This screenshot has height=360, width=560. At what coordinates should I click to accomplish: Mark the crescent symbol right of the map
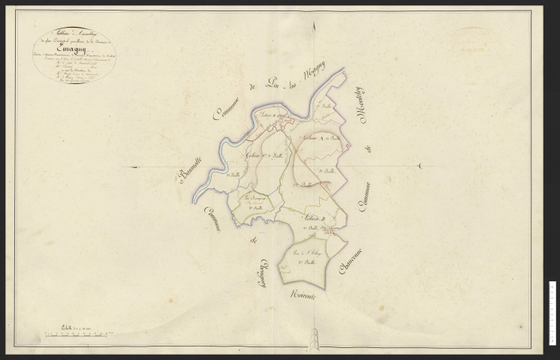(422, 166)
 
